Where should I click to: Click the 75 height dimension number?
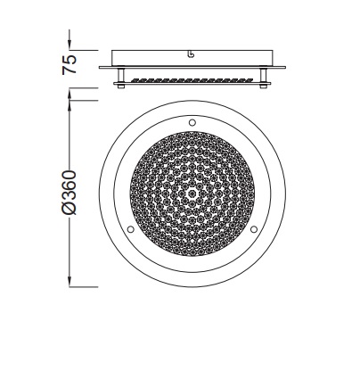[x=70, y=64]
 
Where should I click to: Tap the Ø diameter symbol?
[x=70, y=207]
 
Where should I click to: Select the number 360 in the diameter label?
[x=70, y=185]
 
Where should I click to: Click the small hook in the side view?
[x=192, y=54]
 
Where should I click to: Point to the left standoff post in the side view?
[x=121, y=76]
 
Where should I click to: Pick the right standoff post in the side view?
[x=263, y=76]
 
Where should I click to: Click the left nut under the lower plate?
[x=121, y=87]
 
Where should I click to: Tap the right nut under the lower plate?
[x=263, y=87]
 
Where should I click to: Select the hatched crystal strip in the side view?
[x=192, y=80]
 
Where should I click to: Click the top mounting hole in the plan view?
[x=192, y=122]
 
